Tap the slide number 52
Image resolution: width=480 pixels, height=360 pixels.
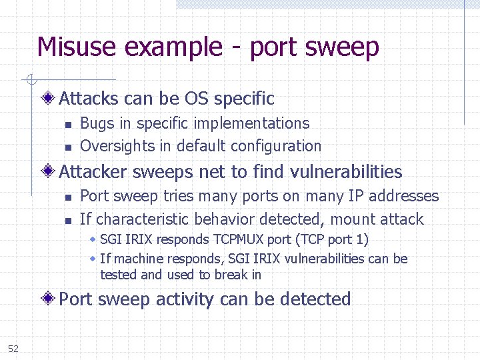[13, 348]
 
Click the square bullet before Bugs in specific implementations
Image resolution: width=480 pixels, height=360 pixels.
[68, 125]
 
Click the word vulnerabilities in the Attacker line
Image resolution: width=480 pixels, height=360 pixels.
[346, 172]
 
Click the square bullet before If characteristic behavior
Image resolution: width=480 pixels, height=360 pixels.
[68, 221]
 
